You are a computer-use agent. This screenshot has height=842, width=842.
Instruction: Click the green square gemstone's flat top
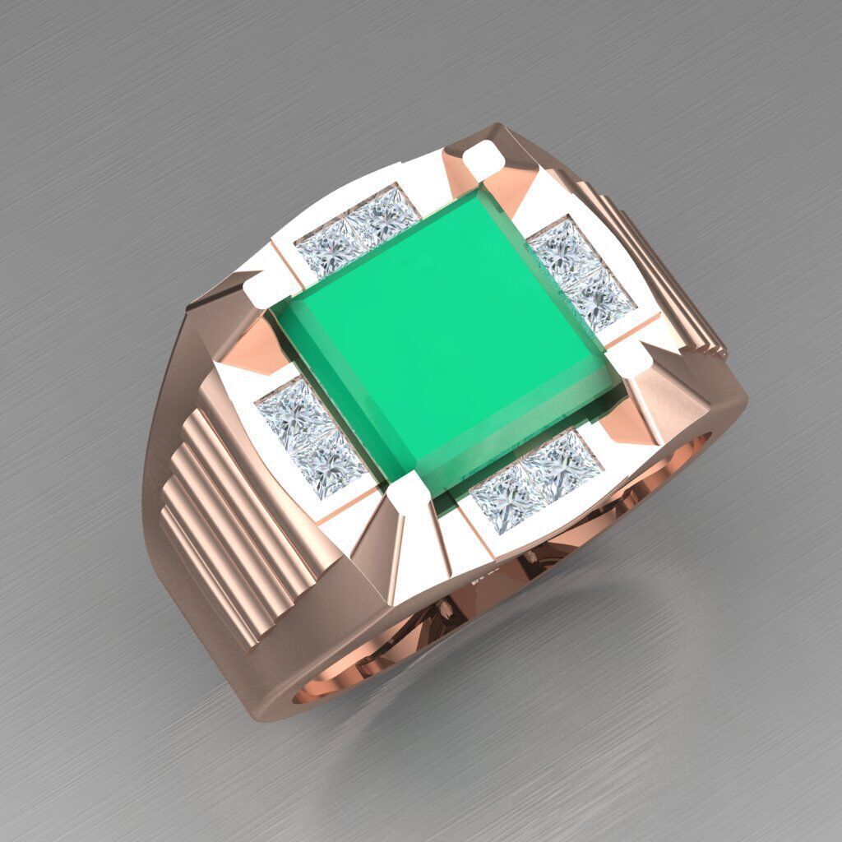[x=444, y=329]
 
